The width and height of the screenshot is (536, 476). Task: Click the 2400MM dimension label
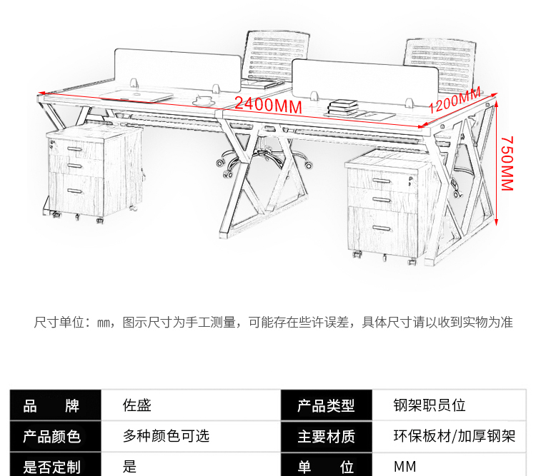[268, 104]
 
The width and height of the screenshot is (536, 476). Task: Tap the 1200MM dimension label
[455, 99]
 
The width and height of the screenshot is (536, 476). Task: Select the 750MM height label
[507, 163]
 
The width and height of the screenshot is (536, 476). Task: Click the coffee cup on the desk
[204, 101]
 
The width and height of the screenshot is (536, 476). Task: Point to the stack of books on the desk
[342, 108]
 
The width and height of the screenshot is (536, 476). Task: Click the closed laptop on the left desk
[137, 96]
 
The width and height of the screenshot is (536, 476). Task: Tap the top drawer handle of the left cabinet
[75, 149]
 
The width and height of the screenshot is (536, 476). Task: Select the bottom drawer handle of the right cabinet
[382, 228]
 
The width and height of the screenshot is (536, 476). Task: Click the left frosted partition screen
[178, 69]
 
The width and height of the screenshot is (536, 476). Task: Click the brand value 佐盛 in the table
[137, 405]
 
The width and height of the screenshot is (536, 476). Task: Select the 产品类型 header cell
[327, 405]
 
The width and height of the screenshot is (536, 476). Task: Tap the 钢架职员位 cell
[430, 405]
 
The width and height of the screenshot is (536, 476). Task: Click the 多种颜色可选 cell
[166, 436]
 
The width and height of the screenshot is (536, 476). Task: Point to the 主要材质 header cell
[327, 436]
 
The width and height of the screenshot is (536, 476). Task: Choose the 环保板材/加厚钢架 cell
[454, 436]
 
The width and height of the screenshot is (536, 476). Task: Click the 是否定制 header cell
[52, 466]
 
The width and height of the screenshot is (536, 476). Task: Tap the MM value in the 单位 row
[405, 467]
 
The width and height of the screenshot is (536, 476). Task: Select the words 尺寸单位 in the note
[59, 322]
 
